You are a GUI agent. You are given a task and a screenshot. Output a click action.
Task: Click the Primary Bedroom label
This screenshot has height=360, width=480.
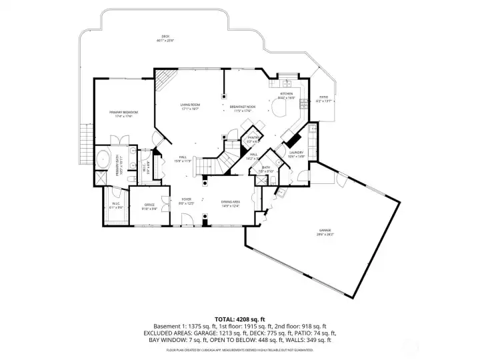pyautogui.click(x=124, y=113)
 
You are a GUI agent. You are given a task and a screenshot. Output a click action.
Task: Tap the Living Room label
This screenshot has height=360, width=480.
pyautogui.click(x=190, y=107)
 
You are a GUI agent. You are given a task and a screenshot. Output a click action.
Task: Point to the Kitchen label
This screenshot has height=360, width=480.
pyautogui.click(x=285, y=96)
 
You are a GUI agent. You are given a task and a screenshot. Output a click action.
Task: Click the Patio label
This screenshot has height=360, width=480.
pyautogui.click(x=323, y=99)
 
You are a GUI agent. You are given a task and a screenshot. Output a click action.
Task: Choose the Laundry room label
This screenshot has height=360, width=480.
pyautogui.click(x=296, y=153)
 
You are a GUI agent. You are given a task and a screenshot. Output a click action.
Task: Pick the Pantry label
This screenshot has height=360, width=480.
pyautogui.click(x=253, y=139)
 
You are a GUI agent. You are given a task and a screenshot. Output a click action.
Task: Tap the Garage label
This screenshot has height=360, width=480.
pyautogui.click(x=325, y=233)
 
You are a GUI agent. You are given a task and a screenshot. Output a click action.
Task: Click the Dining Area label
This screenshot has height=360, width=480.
pyautogui.click(x=231, y=203)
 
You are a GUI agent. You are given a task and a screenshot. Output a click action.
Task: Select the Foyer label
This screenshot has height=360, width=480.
pyautogui.click(x=187, y=201)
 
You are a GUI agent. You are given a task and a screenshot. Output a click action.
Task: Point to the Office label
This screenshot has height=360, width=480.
pyautogui.click(x=149, y=206)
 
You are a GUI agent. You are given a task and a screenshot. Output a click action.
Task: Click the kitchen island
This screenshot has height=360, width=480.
pyautogui.click(x=285, y=107)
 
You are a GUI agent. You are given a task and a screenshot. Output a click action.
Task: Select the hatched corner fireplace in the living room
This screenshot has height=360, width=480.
pyautogui.click(x=163, y=81)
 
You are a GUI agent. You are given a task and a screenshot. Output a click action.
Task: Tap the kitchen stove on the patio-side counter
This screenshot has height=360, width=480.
pyautogui.click(x=304, y=103)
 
